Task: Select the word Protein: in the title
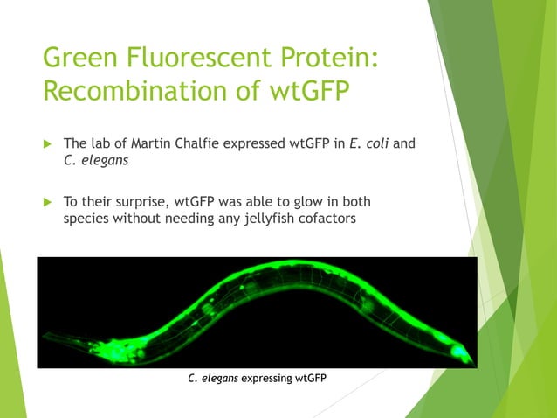(x=327, y=59)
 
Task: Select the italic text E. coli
(x=368, y=143)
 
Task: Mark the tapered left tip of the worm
(x=47, y=337)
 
